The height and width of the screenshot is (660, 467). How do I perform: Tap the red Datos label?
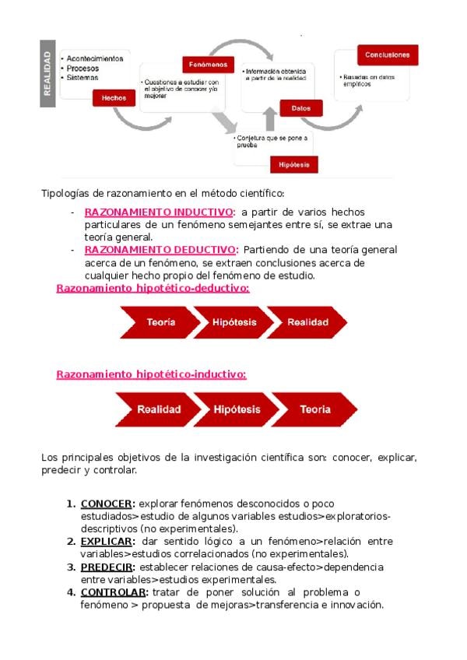[290, 108]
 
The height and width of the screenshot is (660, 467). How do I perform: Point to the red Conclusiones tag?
[388, 55]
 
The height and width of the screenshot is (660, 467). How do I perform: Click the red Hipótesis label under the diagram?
[293, 164]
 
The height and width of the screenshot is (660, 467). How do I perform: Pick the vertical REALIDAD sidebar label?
[48, 72]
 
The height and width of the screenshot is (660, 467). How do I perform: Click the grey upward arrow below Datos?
[270, 119]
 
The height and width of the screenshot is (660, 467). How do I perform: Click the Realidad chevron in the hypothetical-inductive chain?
[158, 409]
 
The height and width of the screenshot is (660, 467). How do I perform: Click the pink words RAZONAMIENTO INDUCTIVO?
[158, 212]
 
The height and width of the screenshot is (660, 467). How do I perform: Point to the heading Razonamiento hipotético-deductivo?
[153, 288]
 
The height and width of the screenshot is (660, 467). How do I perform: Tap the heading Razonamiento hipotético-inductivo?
[151, 374]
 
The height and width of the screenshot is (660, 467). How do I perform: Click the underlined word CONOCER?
[107, 504]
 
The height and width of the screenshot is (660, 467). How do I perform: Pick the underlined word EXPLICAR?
[107, 541]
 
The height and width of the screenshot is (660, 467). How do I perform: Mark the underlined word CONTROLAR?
[113, 592]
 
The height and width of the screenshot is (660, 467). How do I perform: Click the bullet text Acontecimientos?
[95, 58]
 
